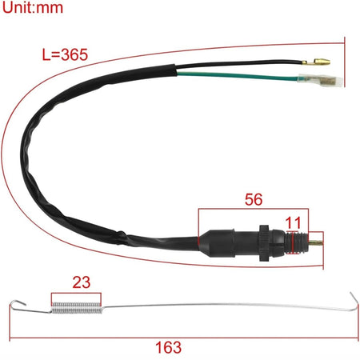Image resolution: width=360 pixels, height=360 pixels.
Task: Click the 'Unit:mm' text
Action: (33, 7)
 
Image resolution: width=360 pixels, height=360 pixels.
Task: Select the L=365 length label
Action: (65, 54)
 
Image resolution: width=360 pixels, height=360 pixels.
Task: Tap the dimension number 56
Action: (254, 199)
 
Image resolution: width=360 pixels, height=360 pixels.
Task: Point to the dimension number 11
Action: (293, 222)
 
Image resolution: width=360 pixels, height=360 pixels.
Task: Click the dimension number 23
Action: (82, 282)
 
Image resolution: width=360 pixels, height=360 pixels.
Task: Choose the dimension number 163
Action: (169, 347)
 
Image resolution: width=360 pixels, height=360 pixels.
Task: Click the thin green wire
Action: (238, 76)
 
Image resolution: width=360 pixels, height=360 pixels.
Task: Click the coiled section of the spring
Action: (77, 308)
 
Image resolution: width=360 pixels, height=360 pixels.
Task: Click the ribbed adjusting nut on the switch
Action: (264, 243)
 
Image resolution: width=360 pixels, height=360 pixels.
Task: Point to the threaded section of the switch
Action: (297, 242)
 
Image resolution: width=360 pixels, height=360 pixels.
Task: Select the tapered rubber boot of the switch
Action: (217, 242)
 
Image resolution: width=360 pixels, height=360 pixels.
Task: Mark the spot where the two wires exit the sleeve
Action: (176, 70)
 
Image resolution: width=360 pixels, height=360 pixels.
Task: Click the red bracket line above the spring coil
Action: (76, 294)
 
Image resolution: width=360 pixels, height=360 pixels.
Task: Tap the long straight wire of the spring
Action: (226, 305)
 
